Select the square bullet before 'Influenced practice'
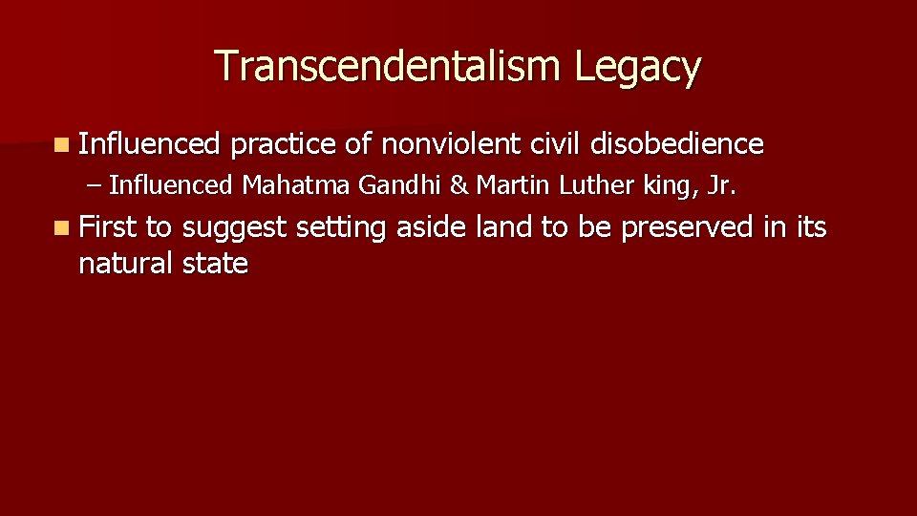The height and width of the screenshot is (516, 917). coord(62,145)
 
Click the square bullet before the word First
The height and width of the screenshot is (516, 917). coord(62,228)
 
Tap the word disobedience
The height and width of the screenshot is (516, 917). coord(677,144)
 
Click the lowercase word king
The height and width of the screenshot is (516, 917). coord(668,184)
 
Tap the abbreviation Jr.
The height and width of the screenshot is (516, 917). coord(722,184)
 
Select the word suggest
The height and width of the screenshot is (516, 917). coord(234,228)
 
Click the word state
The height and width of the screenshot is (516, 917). coord(214,263)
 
